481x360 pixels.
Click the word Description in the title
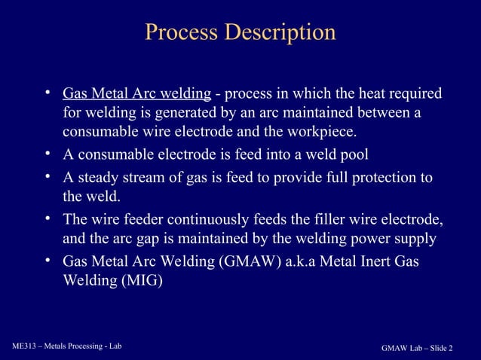(x=280, y=33)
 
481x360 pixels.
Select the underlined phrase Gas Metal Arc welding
(x=136, y=94)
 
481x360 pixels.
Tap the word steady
(x=97, y=178)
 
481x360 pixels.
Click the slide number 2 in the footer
(x=451, y=348)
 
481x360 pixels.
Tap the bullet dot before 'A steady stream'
(x=47, y=177)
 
